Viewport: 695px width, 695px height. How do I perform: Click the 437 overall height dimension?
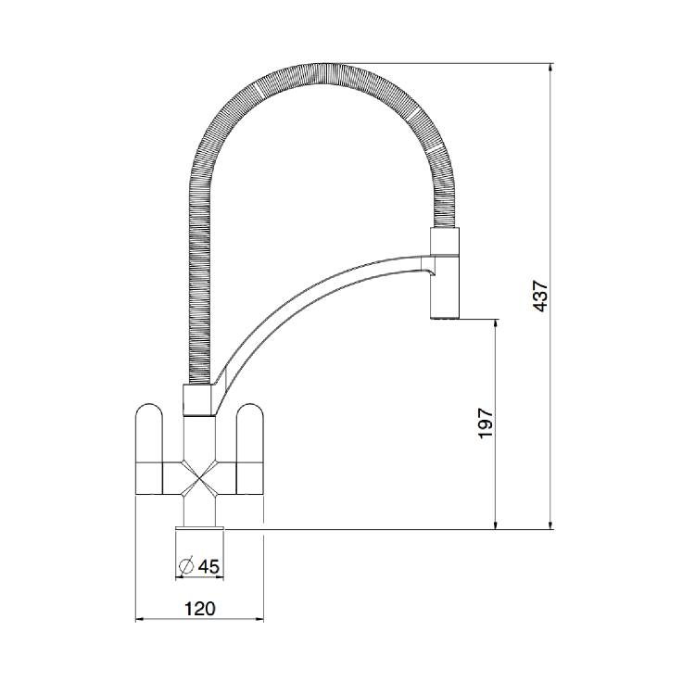[x=541, y=296]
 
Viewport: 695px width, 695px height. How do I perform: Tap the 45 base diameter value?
[x=208, y=565]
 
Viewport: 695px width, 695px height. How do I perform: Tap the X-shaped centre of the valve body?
[x=200, y=477]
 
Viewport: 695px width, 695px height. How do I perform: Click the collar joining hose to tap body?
[x=199, y=401]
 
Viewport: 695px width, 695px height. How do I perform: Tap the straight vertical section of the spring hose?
[x=198, y=278]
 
